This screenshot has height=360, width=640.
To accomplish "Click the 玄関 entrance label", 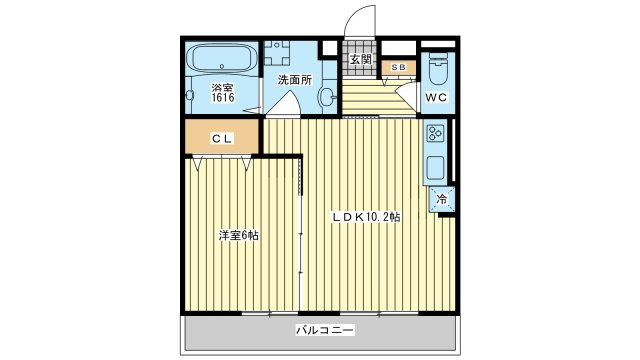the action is tap(361, 60).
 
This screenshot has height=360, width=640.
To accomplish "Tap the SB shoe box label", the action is tap(398, 67).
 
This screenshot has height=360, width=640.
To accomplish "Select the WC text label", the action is tap(436, 98).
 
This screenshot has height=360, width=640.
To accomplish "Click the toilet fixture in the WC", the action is tap(438, 68).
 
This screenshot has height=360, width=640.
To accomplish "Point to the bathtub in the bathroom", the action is tap(222, 59).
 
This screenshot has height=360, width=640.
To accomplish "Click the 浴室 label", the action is tap(222, 88).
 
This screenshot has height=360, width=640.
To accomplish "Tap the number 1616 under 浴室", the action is tap(222, 98).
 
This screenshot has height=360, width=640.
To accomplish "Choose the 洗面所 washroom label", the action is tap(295, 80).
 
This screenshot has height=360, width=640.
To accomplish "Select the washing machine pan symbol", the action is tap(277, 53).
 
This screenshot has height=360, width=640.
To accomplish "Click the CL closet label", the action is tap(222, 139).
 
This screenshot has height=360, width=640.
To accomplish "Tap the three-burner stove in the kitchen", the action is tap(435, 133).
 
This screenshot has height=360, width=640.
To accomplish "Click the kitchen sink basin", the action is tap(435, 168).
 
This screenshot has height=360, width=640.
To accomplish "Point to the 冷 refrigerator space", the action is tap(441, 200).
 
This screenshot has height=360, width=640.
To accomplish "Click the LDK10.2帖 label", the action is tap(365, 217).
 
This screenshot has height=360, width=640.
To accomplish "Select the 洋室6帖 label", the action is tap(239, 236).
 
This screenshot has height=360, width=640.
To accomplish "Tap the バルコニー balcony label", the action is tap(325, 330).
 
